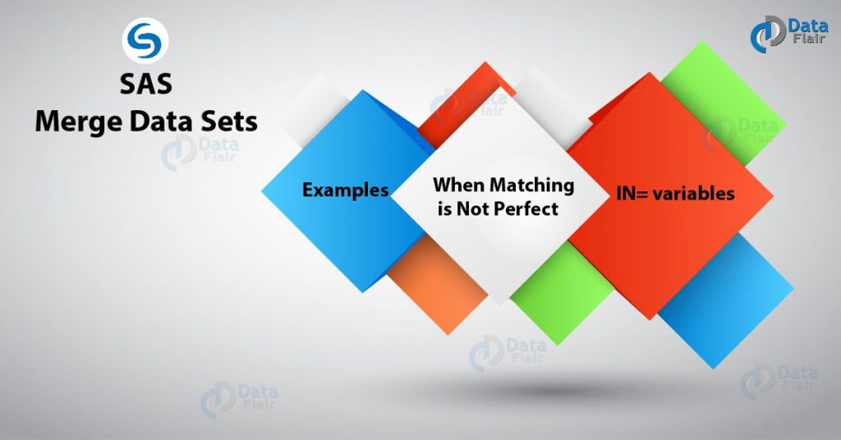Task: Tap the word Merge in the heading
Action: pos(74,121)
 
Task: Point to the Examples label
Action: pos(345,190)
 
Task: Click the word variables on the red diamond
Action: pos(695,194)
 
